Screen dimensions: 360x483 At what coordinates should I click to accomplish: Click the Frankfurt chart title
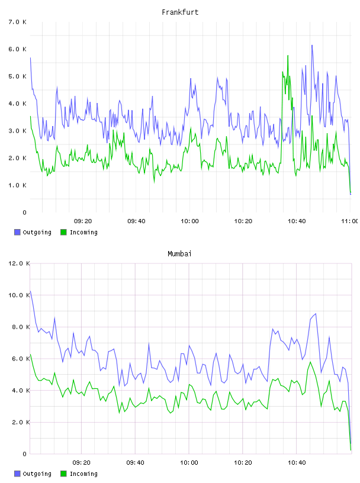tap(180, 12)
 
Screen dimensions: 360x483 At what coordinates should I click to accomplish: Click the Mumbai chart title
tap(179, 254)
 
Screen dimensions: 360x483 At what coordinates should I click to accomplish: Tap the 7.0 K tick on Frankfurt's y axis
tap(17, 22)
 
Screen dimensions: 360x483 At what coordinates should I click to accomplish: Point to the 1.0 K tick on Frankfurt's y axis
tap(17, 185)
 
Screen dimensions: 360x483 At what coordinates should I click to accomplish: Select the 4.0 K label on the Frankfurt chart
tap(17, 104)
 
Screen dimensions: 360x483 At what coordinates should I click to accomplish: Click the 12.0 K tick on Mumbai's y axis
tap(19, 263)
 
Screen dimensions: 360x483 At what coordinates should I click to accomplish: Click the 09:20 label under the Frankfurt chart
tap(83, 221)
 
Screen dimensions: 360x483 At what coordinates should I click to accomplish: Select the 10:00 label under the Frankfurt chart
tap(189, 221)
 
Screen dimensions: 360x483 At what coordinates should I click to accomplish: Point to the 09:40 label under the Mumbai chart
tap(135, 463)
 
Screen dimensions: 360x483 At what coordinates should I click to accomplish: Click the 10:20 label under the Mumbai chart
tap(243, 463)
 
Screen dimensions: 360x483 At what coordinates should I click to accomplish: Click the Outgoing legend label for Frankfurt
tap(37, 232)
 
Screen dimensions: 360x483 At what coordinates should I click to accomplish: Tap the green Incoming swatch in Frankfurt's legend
tap(63, 232)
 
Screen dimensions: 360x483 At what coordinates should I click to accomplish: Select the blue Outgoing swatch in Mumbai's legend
tap(17, 474)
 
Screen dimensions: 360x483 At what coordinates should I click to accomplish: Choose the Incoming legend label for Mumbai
tap(83, 474)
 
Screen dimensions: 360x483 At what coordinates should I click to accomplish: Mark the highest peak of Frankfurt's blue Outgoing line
tap(312, 45)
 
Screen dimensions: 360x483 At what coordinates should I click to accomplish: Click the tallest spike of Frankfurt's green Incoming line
tap(288, 56)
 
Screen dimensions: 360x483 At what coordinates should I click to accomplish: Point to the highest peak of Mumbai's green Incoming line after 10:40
tap(310, 362)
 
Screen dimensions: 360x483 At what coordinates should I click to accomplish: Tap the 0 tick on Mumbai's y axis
tap(24, 454)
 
